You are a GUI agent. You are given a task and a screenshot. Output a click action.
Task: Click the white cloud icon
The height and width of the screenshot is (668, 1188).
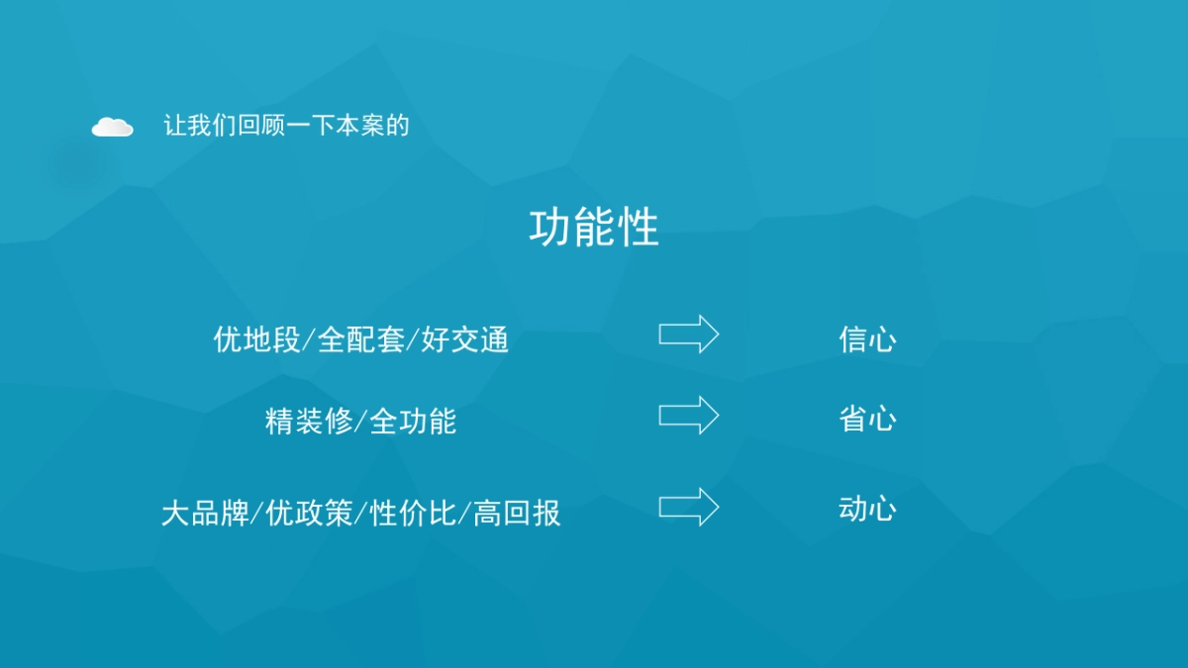[112, 127]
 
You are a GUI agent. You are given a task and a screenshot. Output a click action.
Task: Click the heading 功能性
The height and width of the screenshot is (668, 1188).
[593, 229]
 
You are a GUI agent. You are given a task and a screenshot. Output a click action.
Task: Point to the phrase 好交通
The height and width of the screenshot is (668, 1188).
[465, 339]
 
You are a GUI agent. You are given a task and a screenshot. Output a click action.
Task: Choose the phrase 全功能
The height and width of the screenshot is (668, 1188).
[413, 421]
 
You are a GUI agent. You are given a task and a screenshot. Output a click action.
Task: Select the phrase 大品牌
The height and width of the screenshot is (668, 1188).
[205, 513]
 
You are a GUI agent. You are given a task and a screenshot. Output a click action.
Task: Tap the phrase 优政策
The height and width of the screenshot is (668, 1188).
[309, 513]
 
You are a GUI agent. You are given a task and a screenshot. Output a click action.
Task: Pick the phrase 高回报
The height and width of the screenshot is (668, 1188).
[517, 513]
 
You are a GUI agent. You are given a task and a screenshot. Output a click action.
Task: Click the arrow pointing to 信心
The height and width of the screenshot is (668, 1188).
[689, 334]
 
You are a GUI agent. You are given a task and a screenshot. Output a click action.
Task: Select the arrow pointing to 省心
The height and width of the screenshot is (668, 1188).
[689, 415]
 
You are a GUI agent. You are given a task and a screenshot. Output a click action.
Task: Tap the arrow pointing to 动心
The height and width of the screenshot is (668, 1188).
[689, 507]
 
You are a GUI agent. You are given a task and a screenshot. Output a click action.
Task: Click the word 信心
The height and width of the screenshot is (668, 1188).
[867, 339]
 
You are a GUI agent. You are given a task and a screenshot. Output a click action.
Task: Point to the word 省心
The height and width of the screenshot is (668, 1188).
[867, 419]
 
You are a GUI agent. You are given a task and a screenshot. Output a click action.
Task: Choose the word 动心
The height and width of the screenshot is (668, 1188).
[867, 510]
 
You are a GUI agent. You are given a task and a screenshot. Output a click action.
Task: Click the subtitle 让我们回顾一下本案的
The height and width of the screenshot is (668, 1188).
[286, 126]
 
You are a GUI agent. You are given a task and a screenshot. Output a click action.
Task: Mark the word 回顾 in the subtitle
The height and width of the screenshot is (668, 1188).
[261, 126]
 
